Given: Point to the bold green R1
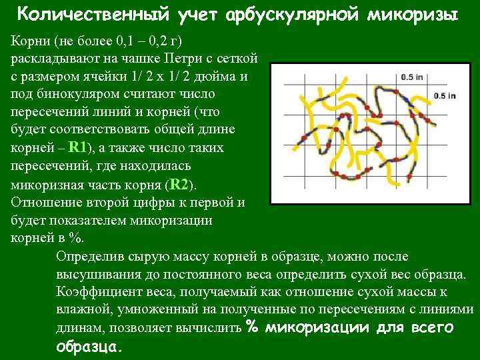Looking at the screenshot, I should click(x=78, y=147).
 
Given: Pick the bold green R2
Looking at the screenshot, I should click(x=179, y=184).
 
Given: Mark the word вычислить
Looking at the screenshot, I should click(x=209, y=328).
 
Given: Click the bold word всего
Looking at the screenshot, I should click(x=431, y=327).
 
